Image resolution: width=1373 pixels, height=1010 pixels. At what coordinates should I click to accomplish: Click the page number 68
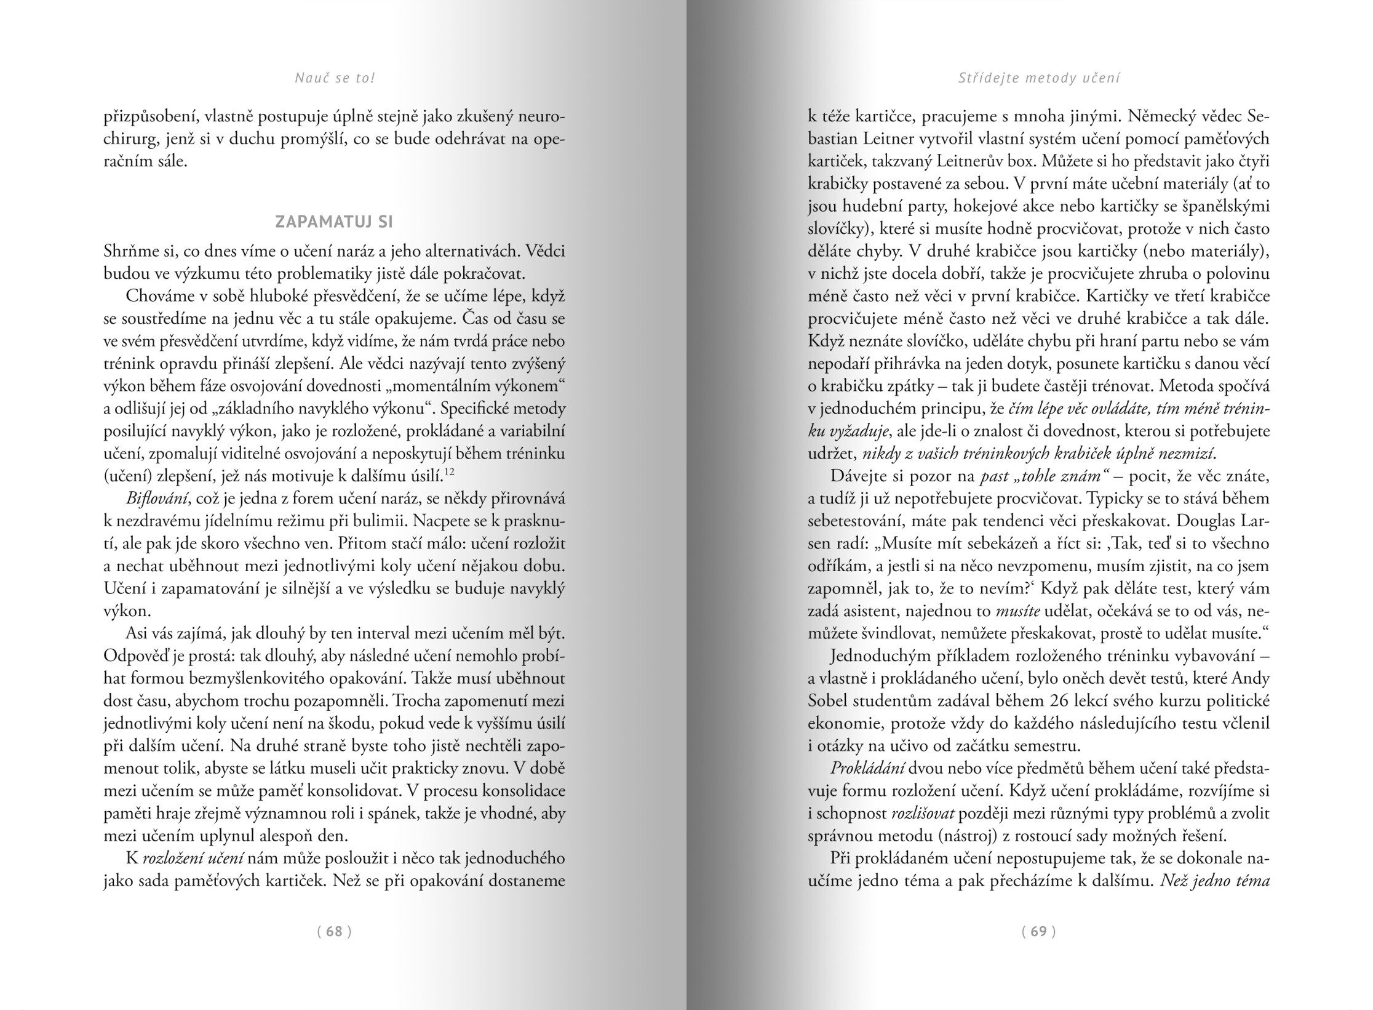pyautogui.click(x=334, y=931)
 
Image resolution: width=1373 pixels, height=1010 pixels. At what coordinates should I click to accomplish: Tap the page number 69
pyautogui.click(x=1038, y=931)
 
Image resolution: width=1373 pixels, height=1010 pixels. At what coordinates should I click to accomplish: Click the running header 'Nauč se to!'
pyautogui.click(x=335, y=78)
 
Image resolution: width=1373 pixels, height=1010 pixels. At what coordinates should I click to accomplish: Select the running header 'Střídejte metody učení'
pyautogui.click(x=1039, y=78)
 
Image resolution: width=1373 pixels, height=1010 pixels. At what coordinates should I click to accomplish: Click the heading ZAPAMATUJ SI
pyautogui.click(x=334, y=222)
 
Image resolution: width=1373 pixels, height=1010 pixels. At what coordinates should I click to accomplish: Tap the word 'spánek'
pyautogui.click(x=382, y=814)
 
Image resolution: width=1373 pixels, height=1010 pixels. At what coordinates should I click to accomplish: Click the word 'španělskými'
pyautogui.click(x=1225, y=207)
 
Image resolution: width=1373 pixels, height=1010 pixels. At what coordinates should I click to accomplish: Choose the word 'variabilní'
pyautogui.click(x=529, y=431)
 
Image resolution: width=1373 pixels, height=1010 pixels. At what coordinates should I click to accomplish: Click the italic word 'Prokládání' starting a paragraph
pyautogui.click(x=867, y=769)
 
